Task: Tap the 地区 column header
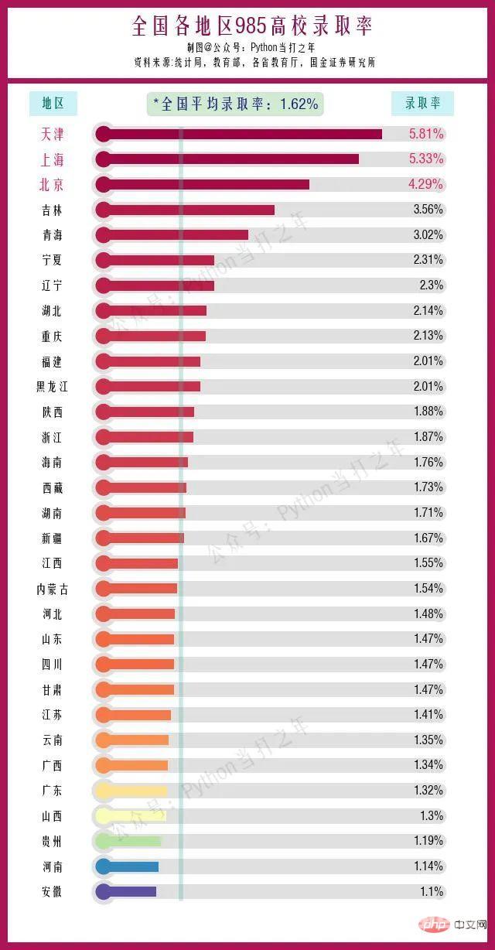click(53, 103)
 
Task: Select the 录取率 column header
click(422, 103)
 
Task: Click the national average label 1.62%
click(235, 104)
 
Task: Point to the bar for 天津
click(240, 134)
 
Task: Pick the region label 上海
click(53, 159)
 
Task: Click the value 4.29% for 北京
click(426, 184)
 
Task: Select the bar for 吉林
click(186, 210)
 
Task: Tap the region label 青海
click(53, 235)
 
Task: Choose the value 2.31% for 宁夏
click(428, 260)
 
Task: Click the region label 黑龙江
click(53, 386)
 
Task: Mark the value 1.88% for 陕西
click(428, 412)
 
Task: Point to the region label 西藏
click(53, 487)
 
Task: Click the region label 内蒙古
click(53, 589)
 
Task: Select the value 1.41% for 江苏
click(428, 715)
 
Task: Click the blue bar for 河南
click(128, 866)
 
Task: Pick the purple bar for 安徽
click(126, 891)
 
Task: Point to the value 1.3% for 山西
click(432, 815)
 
